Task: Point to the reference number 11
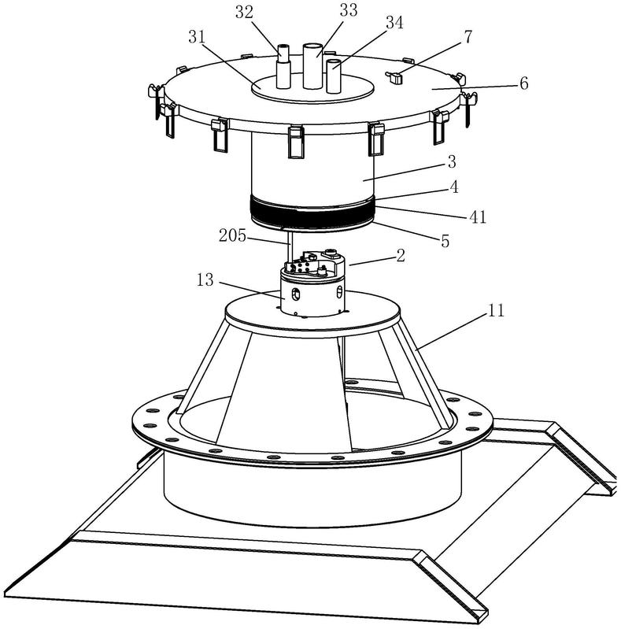tap(495, 312)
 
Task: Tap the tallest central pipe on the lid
tap(313, 66)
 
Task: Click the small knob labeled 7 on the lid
tap(396, 76)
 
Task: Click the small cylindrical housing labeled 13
tap(311, 296)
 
